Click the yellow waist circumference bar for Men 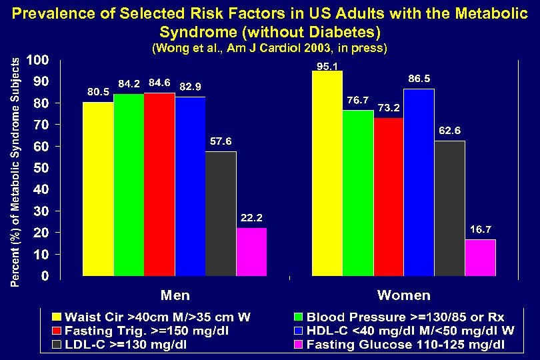click(98, 189)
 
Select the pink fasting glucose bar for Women click(480, 257)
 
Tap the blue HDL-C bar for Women click(419, 182)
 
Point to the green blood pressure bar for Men click(129, 185)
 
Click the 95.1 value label click(327, 66)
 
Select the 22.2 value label click(251, 218)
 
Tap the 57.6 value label click(221, 141)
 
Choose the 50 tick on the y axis click(41, 168)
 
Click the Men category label click(175, 295)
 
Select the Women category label click(404, 295)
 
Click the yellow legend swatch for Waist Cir click(57, 317)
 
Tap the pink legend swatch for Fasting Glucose click(299, 345)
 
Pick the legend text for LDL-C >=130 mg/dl click(126, 345)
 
